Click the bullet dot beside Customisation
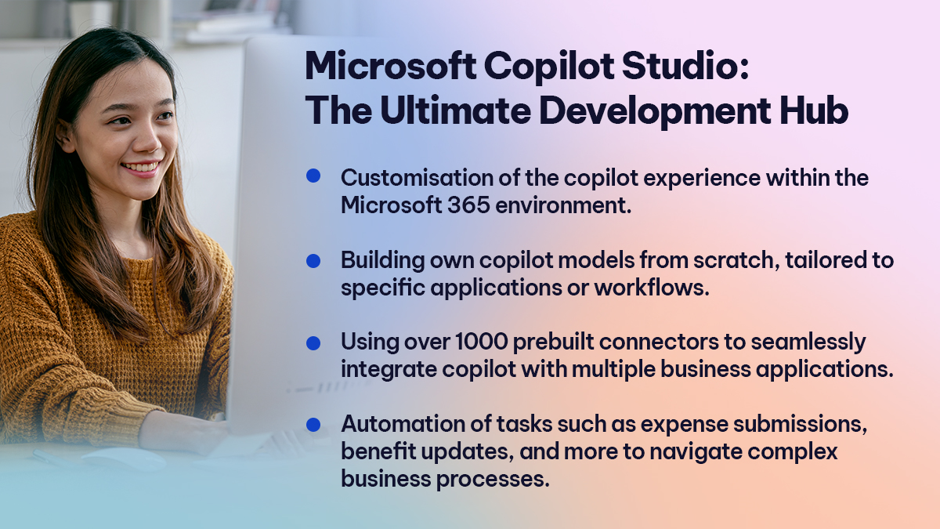(313, 176)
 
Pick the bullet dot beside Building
(313, 259)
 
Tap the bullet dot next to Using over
(313, 342)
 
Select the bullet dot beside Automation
(313, 424)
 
